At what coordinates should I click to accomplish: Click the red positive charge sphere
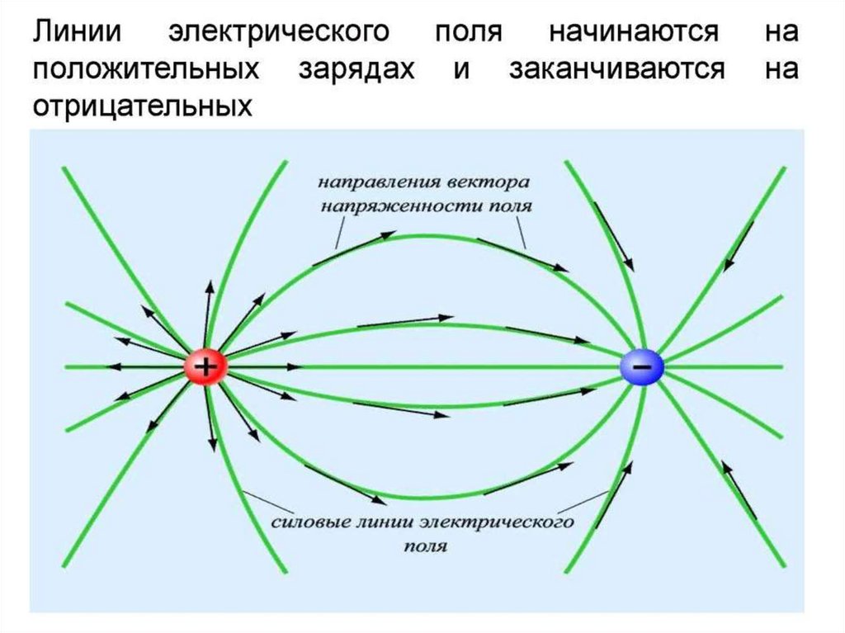(x=206, y=366)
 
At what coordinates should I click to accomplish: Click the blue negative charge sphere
(x=642, y=366)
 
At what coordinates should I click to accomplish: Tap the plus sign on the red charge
(x=206, y=365)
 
